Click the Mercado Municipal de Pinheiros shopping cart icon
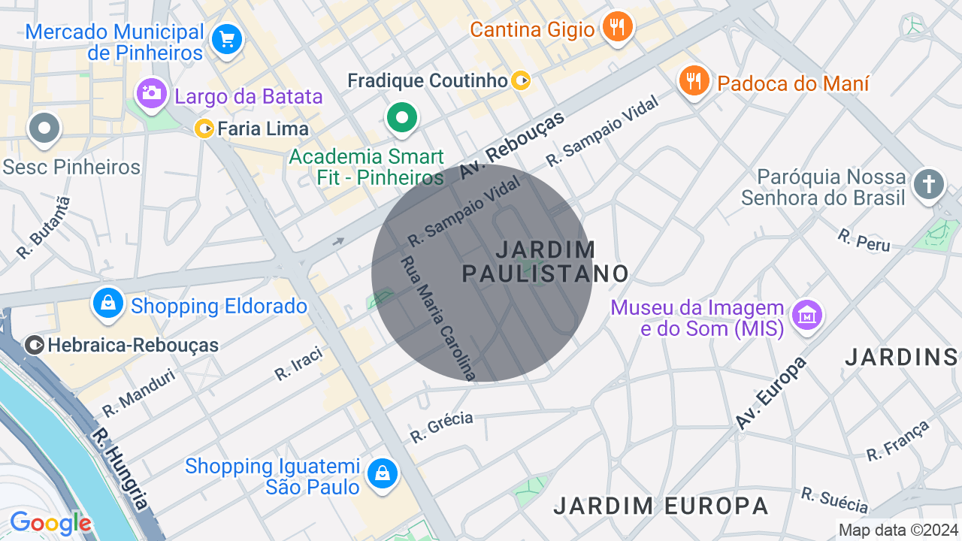[226, 38]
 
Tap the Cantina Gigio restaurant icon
[618, 27]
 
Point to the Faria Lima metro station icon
[204, 128]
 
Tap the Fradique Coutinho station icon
[521, 80]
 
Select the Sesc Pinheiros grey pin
[44, 128]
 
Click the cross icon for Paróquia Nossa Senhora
[929, 184]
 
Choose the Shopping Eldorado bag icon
[109, 304]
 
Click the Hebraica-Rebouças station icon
[35, 345]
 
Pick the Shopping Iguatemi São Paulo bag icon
[383, 473]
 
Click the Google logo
[50, 523]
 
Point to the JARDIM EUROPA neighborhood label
[661, 506]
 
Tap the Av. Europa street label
[771, 393]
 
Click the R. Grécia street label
[441, 427]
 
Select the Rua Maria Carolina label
[438, 318]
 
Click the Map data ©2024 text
[899, 530]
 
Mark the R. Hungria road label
[121, 469]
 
